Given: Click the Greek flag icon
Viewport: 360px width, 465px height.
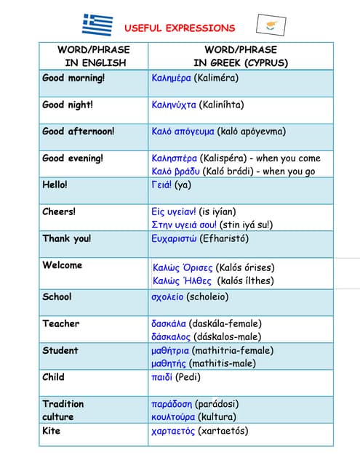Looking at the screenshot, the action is point(97,25).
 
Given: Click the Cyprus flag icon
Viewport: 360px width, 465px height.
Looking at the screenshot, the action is point(270,25).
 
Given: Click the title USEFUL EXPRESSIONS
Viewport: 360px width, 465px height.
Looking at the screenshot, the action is point(180,28).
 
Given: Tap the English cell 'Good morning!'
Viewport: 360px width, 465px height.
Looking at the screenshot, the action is point(73,78).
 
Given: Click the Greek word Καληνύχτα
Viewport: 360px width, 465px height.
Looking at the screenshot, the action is point(174,105).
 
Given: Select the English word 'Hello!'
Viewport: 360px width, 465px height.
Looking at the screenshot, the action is point(55,185).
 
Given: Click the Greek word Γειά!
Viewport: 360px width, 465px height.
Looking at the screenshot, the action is point(162,185).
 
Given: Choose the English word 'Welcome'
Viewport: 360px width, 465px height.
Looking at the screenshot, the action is point(63,265).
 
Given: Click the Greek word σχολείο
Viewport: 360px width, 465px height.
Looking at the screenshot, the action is point(167,296).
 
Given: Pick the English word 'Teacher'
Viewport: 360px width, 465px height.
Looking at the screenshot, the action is point(61,323).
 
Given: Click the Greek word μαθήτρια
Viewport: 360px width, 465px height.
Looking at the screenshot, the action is point(170,350).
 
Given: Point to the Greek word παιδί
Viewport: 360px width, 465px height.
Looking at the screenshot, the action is point(163,377).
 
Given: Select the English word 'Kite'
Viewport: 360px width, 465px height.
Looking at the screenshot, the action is point(52,431).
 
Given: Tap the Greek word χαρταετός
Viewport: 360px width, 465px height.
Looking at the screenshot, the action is point(173,431).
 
